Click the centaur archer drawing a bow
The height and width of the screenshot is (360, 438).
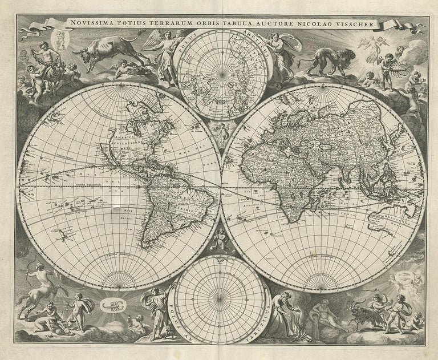click(x=34, y=288)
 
